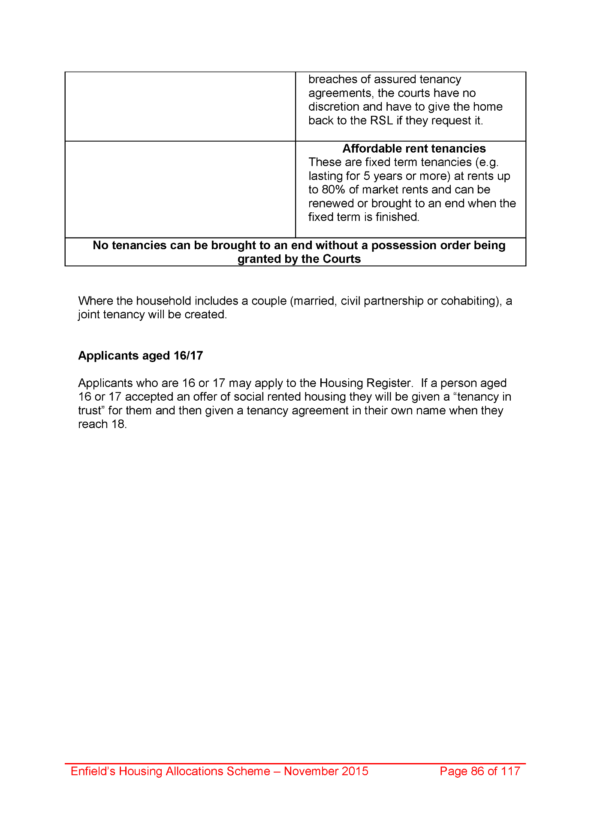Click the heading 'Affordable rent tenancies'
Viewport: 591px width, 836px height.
(414, 148)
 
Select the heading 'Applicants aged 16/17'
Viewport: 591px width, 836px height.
(140, 356)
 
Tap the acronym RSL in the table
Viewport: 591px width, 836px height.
(381, 121)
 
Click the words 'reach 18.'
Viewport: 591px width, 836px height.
(103, 424)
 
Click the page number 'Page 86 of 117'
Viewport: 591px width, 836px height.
(480, 771)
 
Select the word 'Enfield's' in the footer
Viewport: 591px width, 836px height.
(93, 771)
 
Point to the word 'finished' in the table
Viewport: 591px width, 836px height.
(397, 217)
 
